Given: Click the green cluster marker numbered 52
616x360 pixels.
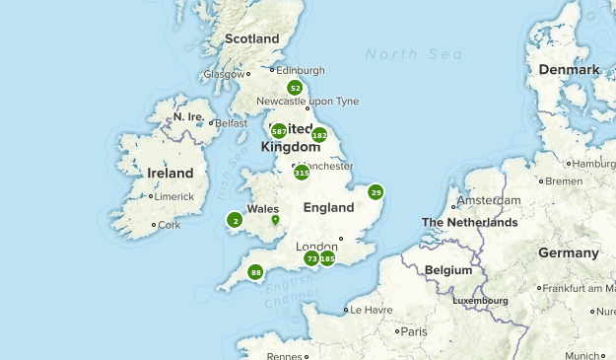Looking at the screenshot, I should point(295,88).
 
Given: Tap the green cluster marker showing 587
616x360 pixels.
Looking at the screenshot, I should point(279,130).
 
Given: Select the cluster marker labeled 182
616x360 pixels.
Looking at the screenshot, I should point(319,135).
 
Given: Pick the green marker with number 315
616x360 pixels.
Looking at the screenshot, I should point(302,172).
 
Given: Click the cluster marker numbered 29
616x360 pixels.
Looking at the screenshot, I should point(376,192).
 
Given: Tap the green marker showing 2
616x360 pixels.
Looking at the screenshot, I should point(235,220).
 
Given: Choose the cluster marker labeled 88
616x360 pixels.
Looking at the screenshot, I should point(256,272).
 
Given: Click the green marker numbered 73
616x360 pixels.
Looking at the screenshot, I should point(311,258).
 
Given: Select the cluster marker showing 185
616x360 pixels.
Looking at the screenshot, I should point(328,258).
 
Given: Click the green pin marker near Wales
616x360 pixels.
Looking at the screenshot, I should point(275,219).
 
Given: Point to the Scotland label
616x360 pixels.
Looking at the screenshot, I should point(252,38).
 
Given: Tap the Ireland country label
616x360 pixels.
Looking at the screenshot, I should point(170,173).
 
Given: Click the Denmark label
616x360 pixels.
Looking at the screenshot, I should point(570,70).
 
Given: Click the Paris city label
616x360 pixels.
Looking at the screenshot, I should point(414,331).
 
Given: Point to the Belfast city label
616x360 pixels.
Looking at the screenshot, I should point(231,123).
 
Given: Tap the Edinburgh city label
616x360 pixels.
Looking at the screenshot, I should point(300,70).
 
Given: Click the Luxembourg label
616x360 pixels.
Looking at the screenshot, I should point(480,300).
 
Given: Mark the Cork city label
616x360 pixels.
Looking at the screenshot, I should point(170,225).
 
